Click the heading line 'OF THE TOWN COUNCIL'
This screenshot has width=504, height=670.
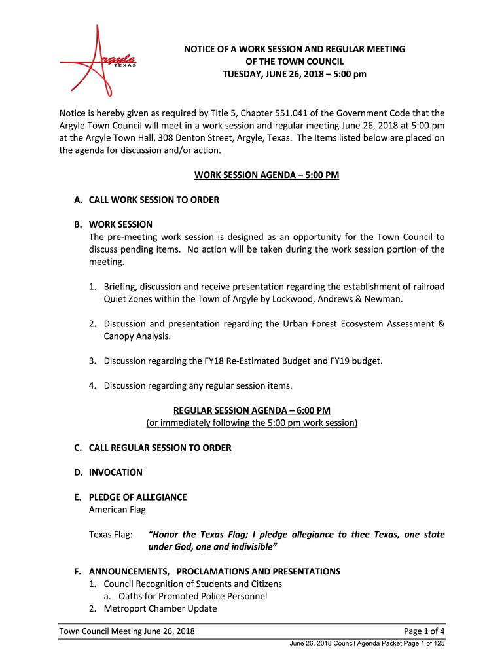(294, 62)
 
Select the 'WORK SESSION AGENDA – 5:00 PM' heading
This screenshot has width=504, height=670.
(266, 175)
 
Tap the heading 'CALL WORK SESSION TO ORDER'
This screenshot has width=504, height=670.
(153, 200)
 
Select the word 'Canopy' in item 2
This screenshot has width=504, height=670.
(119, 336)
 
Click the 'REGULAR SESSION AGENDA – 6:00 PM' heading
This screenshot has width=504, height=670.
(251, 410)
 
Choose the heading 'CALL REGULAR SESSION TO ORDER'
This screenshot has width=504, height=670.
(160, 448)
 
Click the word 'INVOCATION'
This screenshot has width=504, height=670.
(115, 472)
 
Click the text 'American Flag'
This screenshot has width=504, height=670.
(117, 510)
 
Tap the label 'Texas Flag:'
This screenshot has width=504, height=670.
(111, 535)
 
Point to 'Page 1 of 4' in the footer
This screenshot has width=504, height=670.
(423, 631)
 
